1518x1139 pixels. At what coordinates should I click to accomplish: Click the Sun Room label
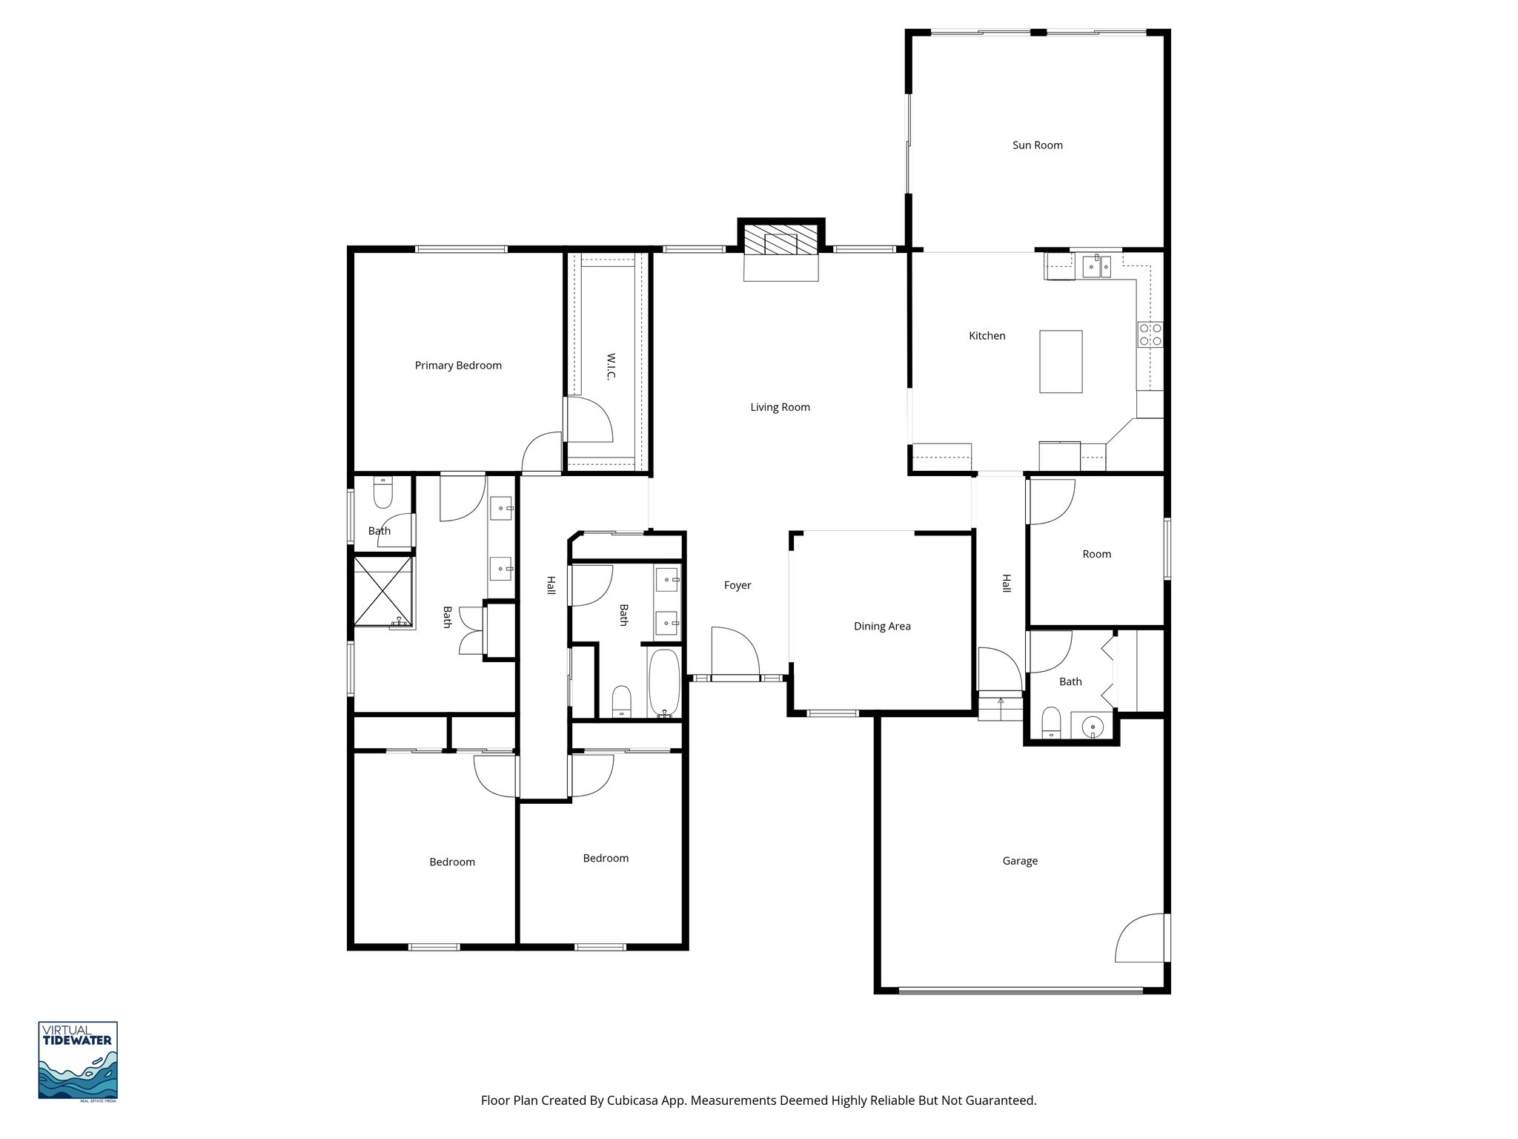pos(1037,145)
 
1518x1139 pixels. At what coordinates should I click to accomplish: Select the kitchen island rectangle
pos(1061,361)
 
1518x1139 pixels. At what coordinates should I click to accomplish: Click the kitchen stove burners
pos(1150,334)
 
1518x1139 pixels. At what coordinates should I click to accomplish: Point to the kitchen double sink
pos(1096,265)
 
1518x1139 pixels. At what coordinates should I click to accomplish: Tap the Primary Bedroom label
pos(458,366)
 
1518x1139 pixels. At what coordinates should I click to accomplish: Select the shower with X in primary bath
pos(382,591)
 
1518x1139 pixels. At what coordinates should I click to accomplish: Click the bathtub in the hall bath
pos(664,682)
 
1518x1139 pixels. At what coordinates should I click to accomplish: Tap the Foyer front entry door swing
pos(734,653)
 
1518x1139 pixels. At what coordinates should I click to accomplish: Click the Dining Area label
pos(882,627)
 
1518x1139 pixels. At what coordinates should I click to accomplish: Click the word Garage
pos(1020,861)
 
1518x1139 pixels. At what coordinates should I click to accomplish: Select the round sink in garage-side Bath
pos(1093,726)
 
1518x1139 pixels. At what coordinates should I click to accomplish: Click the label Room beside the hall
pos(1096,554)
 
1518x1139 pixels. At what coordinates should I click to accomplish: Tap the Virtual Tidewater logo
pos(78,1060)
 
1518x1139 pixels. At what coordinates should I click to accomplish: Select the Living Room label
pos(780,407)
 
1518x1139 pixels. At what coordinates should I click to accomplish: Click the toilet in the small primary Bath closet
pos(382,493)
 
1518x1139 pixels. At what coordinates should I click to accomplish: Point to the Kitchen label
pos(987,336)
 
